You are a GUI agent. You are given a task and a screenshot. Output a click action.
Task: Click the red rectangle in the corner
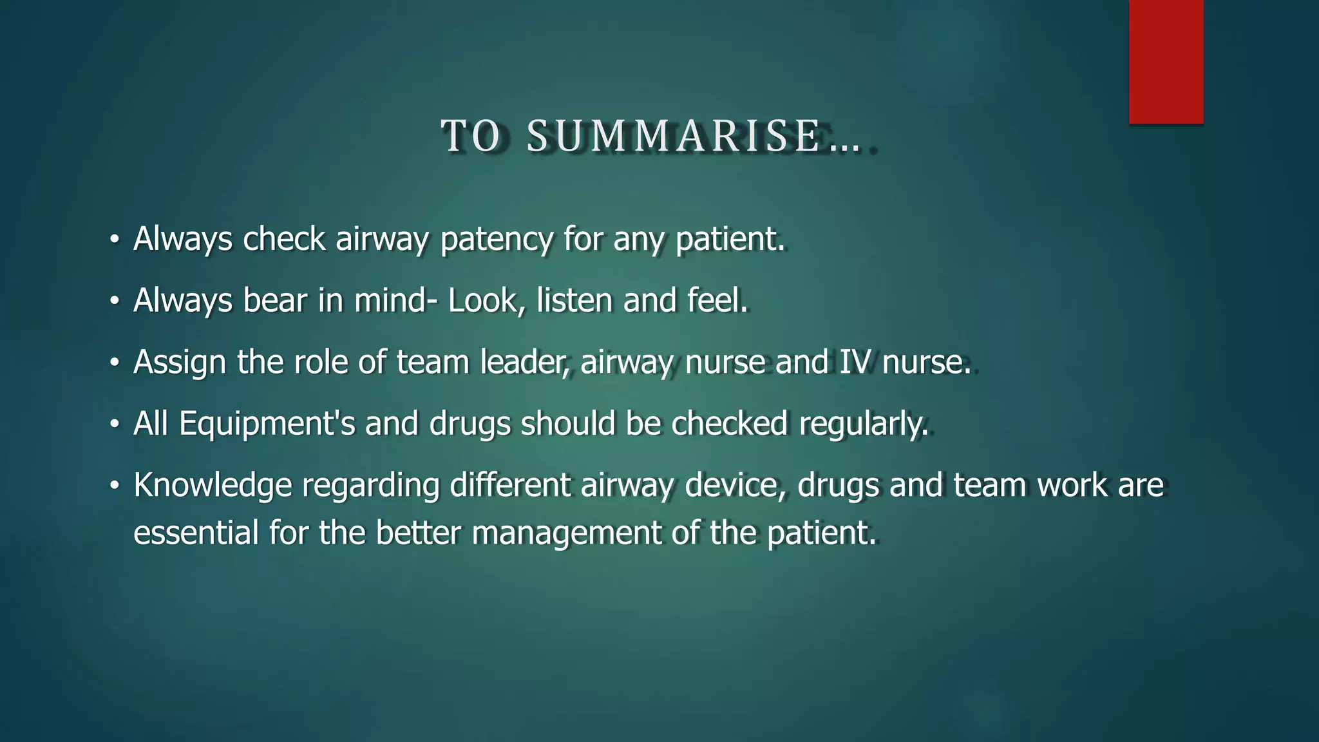click(x=1166, y=61)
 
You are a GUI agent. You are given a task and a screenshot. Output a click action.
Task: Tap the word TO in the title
click(x=471, y=137)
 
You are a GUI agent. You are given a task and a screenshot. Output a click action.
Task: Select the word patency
click(x=496, y=240)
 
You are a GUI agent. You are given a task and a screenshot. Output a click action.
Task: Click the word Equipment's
click(x=267, y=424)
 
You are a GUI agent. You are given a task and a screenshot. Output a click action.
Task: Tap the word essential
click(x=196, y=533)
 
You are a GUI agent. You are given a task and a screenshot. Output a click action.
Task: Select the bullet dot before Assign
click(x=115, y=363)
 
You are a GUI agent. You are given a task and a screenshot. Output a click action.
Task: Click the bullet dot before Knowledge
click(x=115, y=486)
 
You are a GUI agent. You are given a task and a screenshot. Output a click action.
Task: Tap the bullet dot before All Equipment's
click(x=115, y=424)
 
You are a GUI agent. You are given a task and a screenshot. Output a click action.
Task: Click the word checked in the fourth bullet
click(x=729, y=423)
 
